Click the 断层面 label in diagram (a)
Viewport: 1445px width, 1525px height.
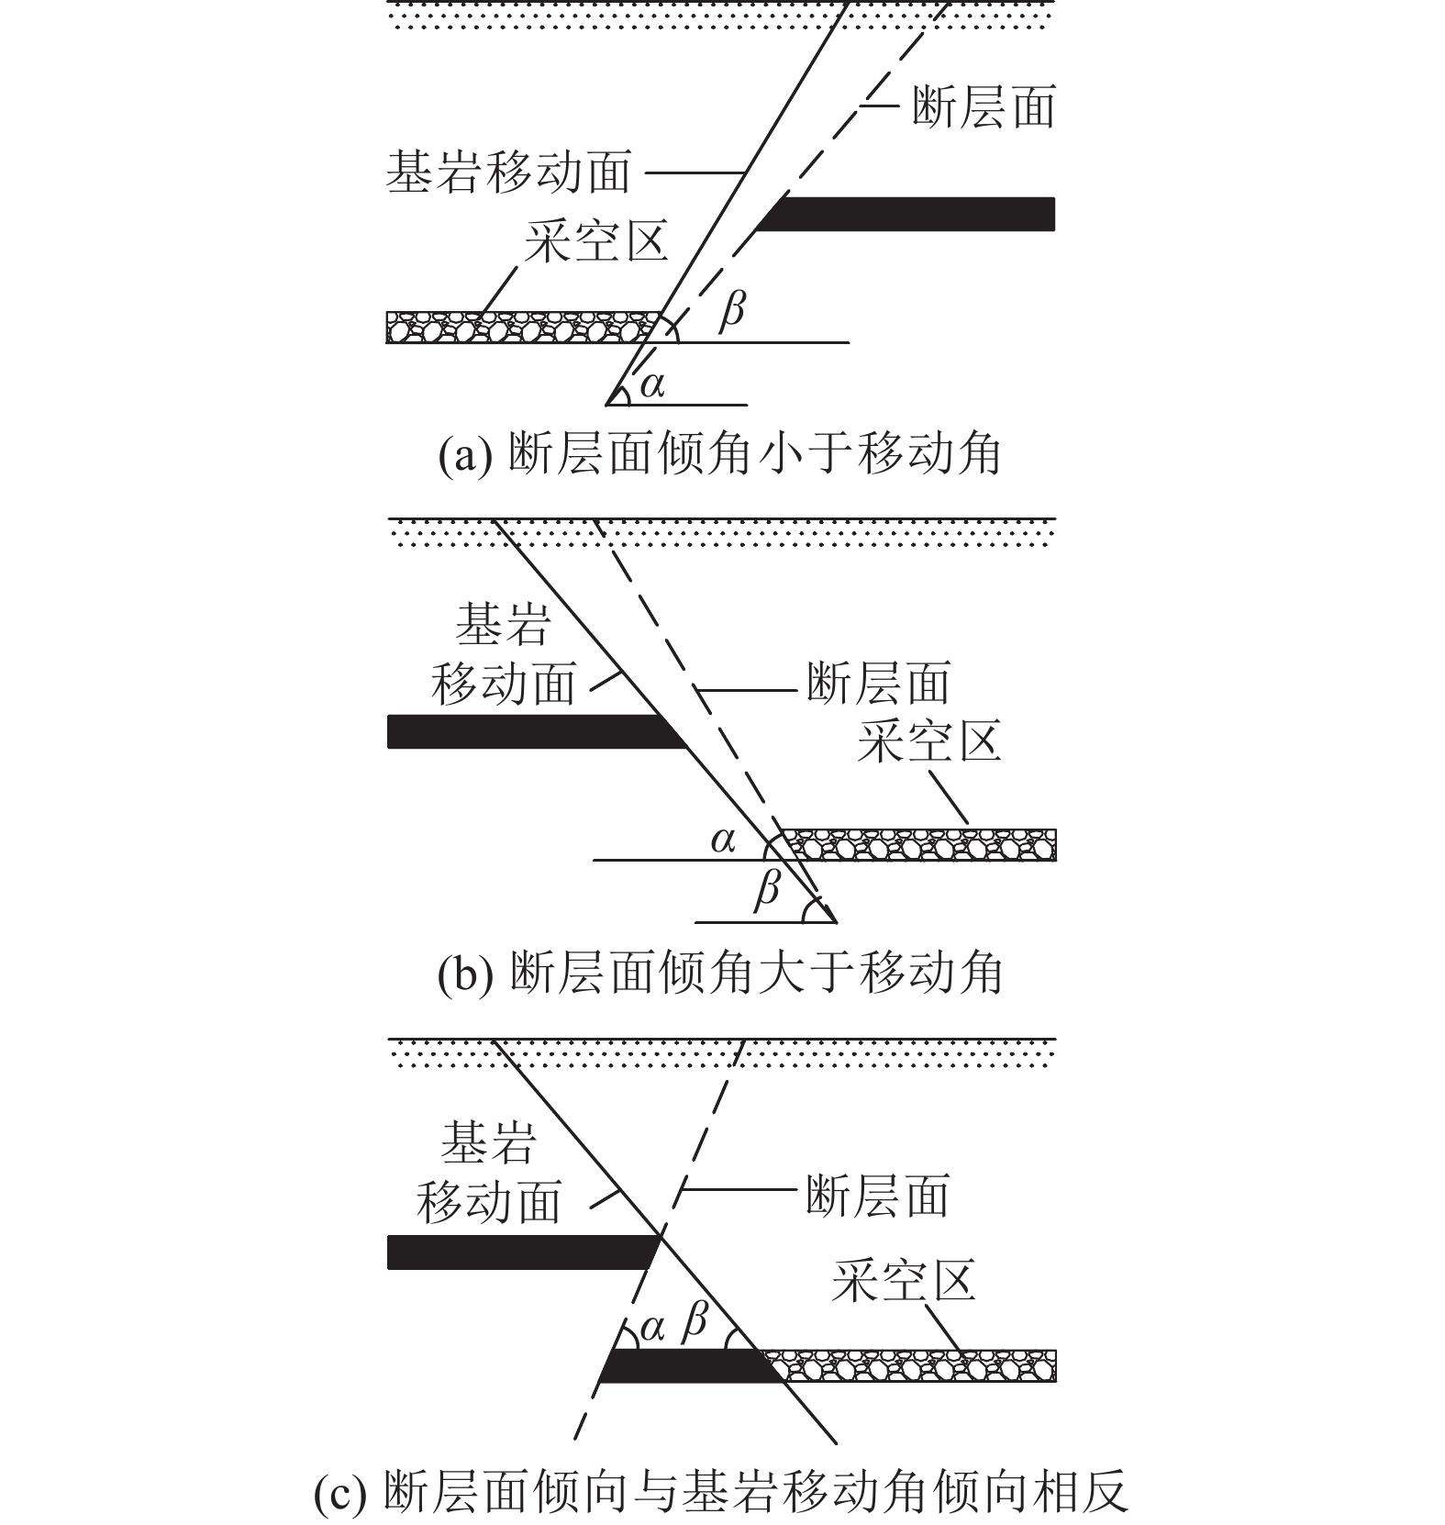983,107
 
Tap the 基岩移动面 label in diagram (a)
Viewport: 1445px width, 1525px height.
508,173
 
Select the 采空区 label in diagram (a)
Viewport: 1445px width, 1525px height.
596,241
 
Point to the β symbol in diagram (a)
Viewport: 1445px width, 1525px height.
731,310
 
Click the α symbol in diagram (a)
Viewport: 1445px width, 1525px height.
652,384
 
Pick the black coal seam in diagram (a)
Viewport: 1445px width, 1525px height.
908,214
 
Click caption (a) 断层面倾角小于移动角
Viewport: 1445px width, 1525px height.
719,454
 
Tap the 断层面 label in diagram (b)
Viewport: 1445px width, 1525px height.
877,684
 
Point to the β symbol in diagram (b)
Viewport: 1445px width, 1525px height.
767,889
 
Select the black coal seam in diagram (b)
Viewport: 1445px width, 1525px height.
532,732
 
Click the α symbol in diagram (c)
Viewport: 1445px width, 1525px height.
651,1328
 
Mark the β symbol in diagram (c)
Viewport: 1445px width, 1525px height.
696,1322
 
